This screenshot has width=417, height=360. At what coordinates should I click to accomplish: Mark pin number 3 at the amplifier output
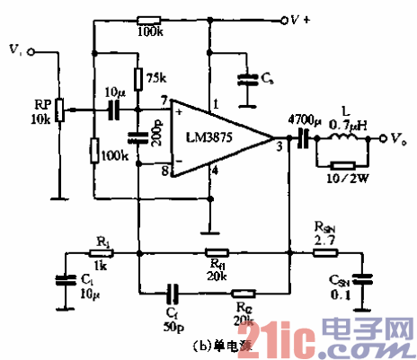click(279, 146)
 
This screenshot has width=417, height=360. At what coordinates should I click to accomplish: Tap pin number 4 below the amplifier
click(215, 170)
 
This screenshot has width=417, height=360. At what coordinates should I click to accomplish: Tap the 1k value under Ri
click(102, 268)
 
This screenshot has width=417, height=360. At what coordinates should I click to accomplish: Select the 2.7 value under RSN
click(329, 241)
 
